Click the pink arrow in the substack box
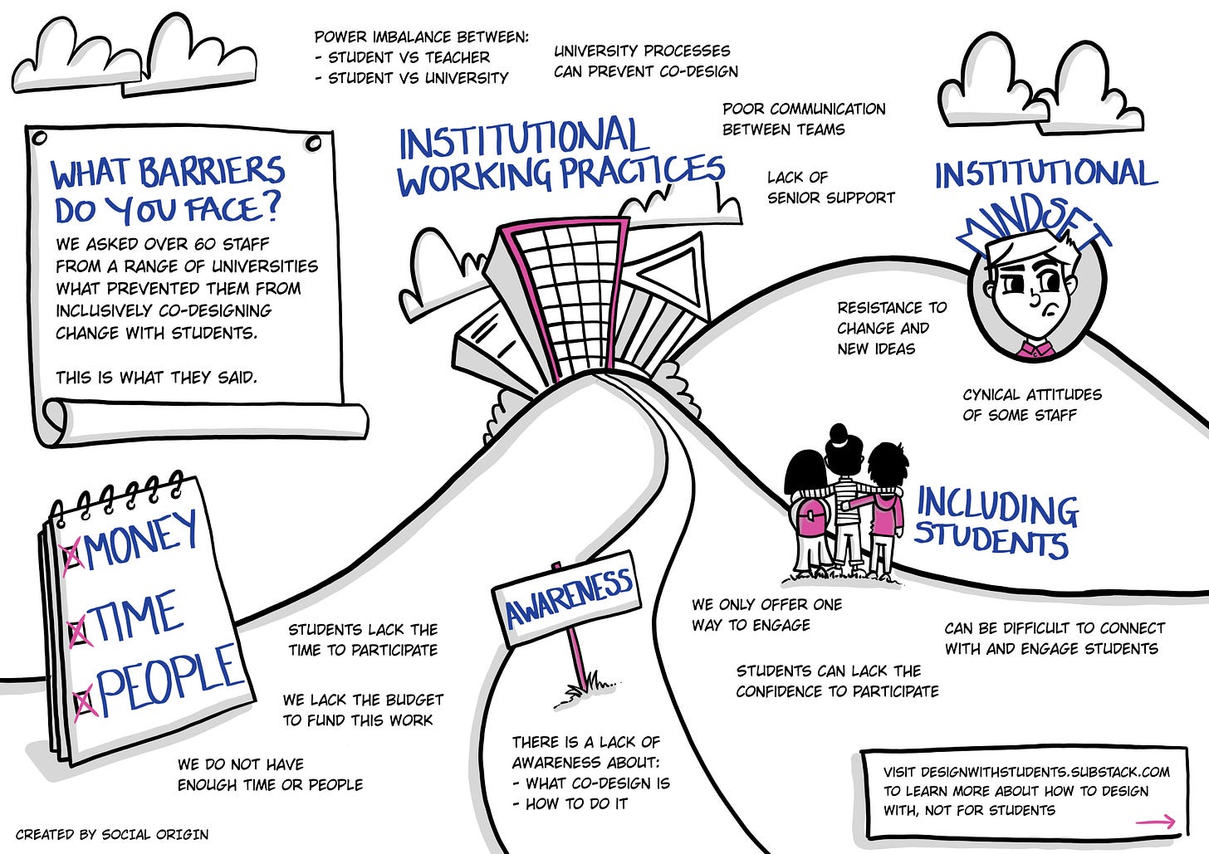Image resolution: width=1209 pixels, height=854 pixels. tap(1155, 822)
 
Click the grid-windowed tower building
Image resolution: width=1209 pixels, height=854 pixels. tap(569, 295)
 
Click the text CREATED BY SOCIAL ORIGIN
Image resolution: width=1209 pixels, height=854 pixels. tap(112, 834)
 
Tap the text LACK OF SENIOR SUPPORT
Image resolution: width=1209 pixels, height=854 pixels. tap(830, 188)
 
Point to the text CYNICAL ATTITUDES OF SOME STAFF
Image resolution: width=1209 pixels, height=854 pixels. tap(1031, 404)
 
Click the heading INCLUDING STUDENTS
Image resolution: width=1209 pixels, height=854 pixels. tap(995, 524)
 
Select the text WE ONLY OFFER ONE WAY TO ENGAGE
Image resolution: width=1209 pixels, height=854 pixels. tap(766, 614)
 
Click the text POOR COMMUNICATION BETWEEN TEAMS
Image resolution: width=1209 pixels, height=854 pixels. tap(803, 119)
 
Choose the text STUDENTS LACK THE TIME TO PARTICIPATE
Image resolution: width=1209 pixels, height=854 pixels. tap(362, 639)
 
